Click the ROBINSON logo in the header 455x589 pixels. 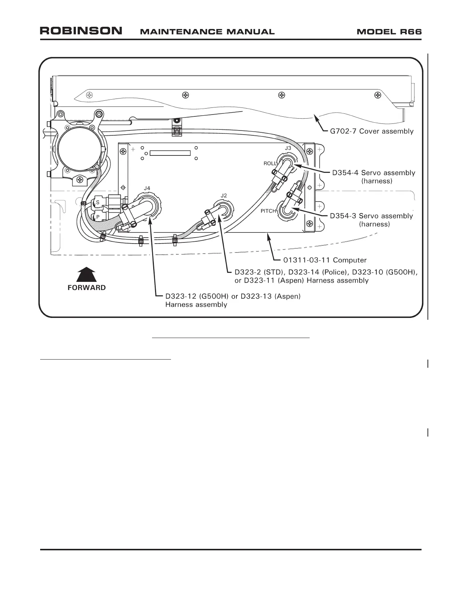[x=81, y=31]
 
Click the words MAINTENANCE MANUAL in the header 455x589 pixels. [x=207, y=32]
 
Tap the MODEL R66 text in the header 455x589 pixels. [x=389, y=32]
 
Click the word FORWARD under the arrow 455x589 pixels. [x=87, y=288]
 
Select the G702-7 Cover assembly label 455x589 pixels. [x=372, y=131]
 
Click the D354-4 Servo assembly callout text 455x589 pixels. [x=374, y=173]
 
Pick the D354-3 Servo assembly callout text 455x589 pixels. [x=371, y=216]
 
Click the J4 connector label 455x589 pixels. [x=147, y=189]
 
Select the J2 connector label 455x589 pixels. [x=224, y=196]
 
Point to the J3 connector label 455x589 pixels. [x=288, y=148]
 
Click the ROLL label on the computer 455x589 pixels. [x=270, y=164]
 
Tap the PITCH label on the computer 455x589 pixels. [x=268, y=211]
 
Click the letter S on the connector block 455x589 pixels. [x=98, y=203]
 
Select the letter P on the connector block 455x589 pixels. [x=98, y=217]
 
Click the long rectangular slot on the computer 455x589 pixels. [x=170, y=153]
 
